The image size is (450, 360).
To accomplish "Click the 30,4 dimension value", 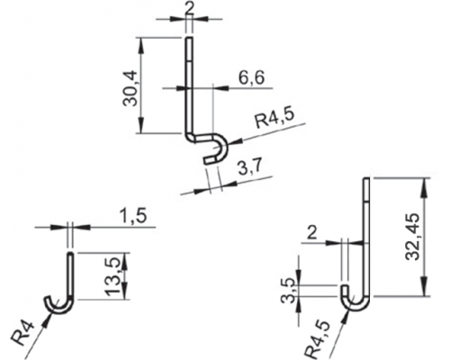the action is tap(130, 88).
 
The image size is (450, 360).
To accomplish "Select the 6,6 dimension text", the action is tap(251, 77).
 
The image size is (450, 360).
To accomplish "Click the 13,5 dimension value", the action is tap(114, 276).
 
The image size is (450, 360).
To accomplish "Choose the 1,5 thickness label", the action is tap(134, 216).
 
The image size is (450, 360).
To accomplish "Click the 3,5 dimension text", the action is tap(288, 291).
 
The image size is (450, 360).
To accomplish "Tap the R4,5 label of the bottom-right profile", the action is tap(317, 340).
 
